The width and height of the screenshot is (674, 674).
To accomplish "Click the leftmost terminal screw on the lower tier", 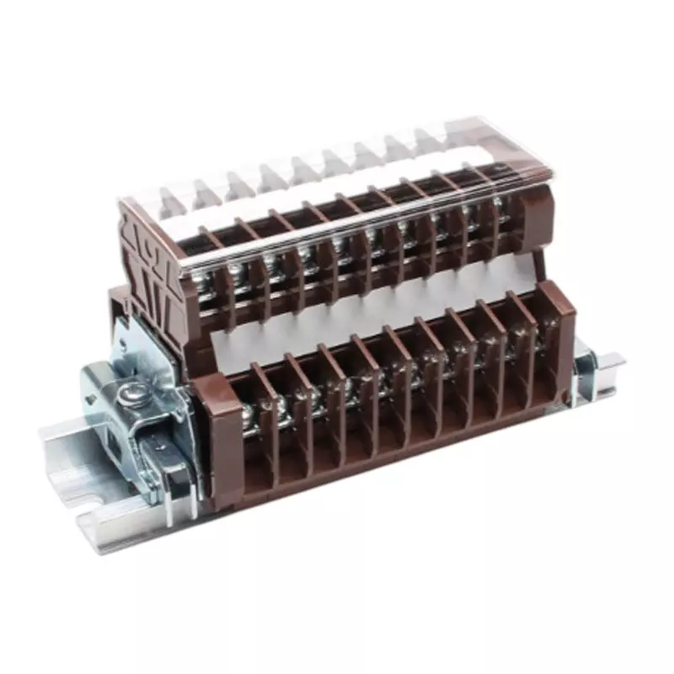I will tap(249, 413).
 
